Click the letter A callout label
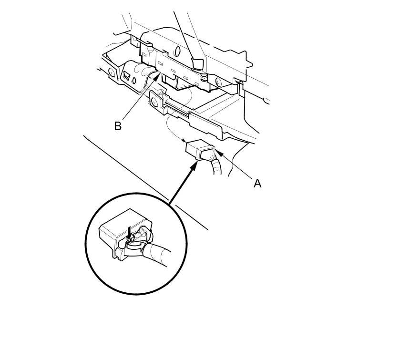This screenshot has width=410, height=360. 257,183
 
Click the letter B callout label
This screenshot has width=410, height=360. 117,126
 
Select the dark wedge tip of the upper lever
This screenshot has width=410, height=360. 196,62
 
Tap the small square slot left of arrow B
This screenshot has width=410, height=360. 127,75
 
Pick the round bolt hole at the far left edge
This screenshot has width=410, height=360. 112,72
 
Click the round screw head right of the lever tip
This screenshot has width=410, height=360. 218,82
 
